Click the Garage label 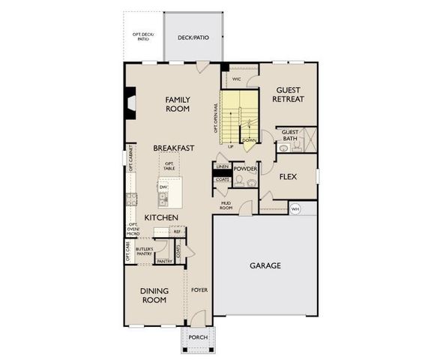click(x=265, y=265)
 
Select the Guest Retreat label click(x=288, y=93)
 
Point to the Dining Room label click(x=154, y=295)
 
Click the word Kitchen click(x=161, y=217)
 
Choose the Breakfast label click(x=174, y=148)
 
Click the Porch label click(x=198, y=337)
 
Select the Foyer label click(x=199, y=289)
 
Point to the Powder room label click(x=245, y=169)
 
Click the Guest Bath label click(x=289, y=135)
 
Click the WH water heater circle click(x=295, y=208)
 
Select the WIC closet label click(x=235, y=78)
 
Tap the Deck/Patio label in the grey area click(x=193, y=37)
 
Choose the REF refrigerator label click(x=177, y=231)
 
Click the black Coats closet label click(x=222, y=179)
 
